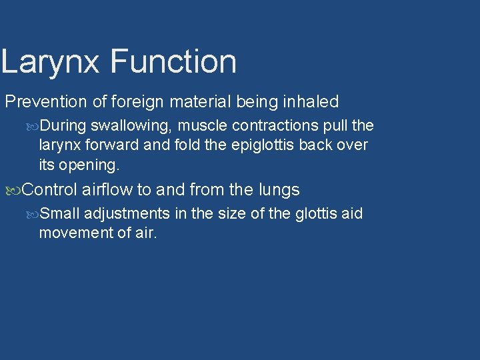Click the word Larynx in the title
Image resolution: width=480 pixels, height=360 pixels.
pyautogui.click(x=51, y=62)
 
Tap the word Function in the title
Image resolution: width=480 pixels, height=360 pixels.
pyautogui.click(x=173, y=61)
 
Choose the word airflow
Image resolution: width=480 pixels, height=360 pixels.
pyautogui.click(x=107, y=190)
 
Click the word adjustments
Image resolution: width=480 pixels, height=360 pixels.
pyautogui.click(x=127, y=214)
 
